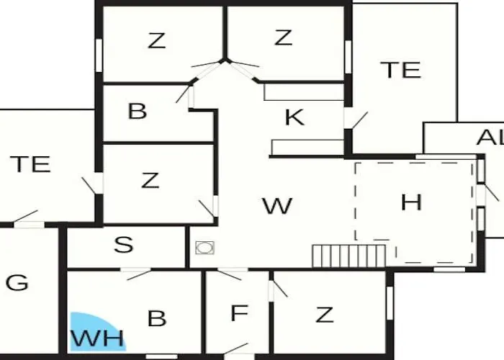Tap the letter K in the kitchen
[294, 117]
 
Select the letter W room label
[277, 206]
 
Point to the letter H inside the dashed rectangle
[411, 202]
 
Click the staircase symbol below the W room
[349, 256]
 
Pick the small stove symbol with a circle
[204, 248]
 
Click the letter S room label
[123, 244]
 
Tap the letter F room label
[240, 312]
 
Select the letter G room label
[17, 283]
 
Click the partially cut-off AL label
[490, 138]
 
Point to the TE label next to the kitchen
[400, 70]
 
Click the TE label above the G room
[30, 164]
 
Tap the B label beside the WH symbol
[157, 318]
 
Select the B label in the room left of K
[138, 111]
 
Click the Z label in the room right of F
[324, 315]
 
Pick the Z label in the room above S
[150, 180]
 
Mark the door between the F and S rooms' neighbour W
[230, 274]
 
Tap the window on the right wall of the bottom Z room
[390, 303]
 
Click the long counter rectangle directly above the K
[304, 92]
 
